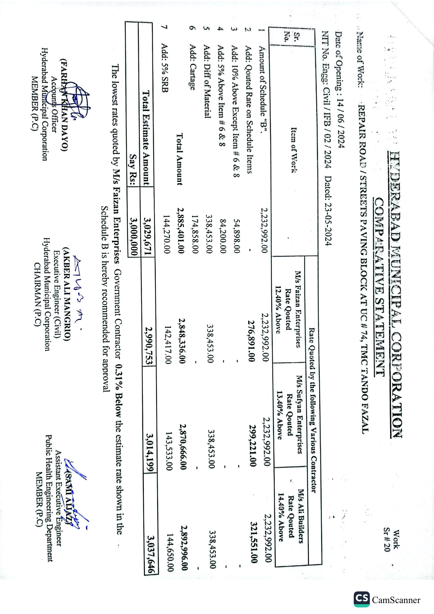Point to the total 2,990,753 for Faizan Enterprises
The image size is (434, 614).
click(x=149, y=346)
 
